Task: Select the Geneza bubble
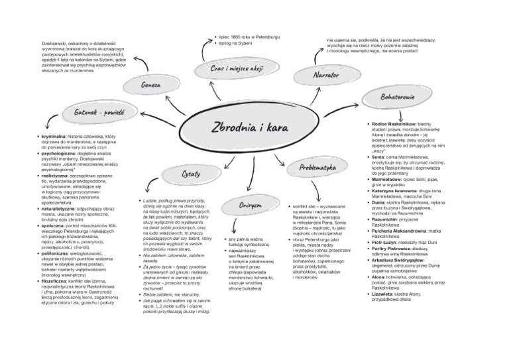click(x=152, y=86)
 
